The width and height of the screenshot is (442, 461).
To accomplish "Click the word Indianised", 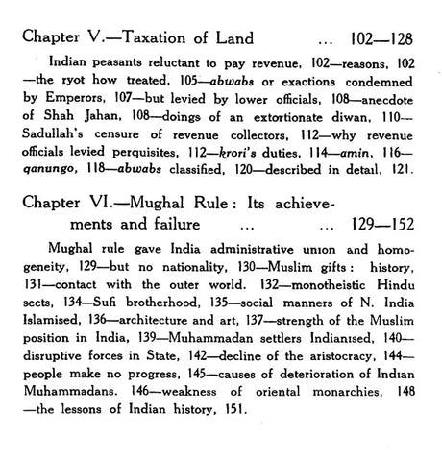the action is (x=318, y=346).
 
